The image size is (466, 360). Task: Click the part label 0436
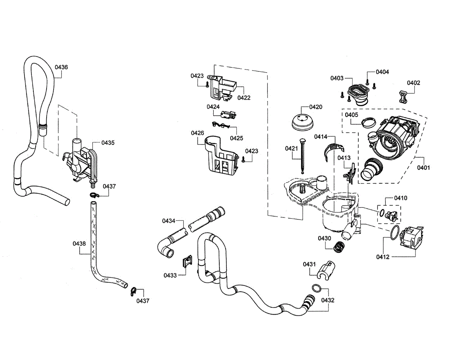coord(61,67)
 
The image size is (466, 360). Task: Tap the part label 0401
coord(424,168)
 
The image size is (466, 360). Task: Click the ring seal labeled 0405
coord(367,123)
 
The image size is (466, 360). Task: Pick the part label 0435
coord(108,143)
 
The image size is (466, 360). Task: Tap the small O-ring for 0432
coord(316,288)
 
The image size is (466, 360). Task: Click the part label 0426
coord(197,133)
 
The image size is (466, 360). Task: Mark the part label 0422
coord(244,97)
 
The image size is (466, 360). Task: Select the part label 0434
coord(169,221)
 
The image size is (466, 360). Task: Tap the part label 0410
coord(400,198)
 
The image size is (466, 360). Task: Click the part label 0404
coord(383,72)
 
